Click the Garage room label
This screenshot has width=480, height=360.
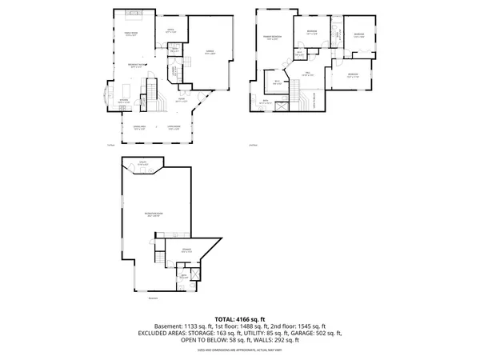coord(209,50)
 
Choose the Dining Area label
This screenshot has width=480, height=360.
coord(138,127)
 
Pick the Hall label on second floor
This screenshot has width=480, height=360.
coord(306,73)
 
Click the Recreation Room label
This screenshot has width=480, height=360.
coord(154,214)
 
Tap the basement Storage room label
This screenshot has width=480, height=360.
coord(186,250)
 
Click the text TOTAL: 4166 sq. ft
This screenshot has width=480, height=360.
coord(239,320)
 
